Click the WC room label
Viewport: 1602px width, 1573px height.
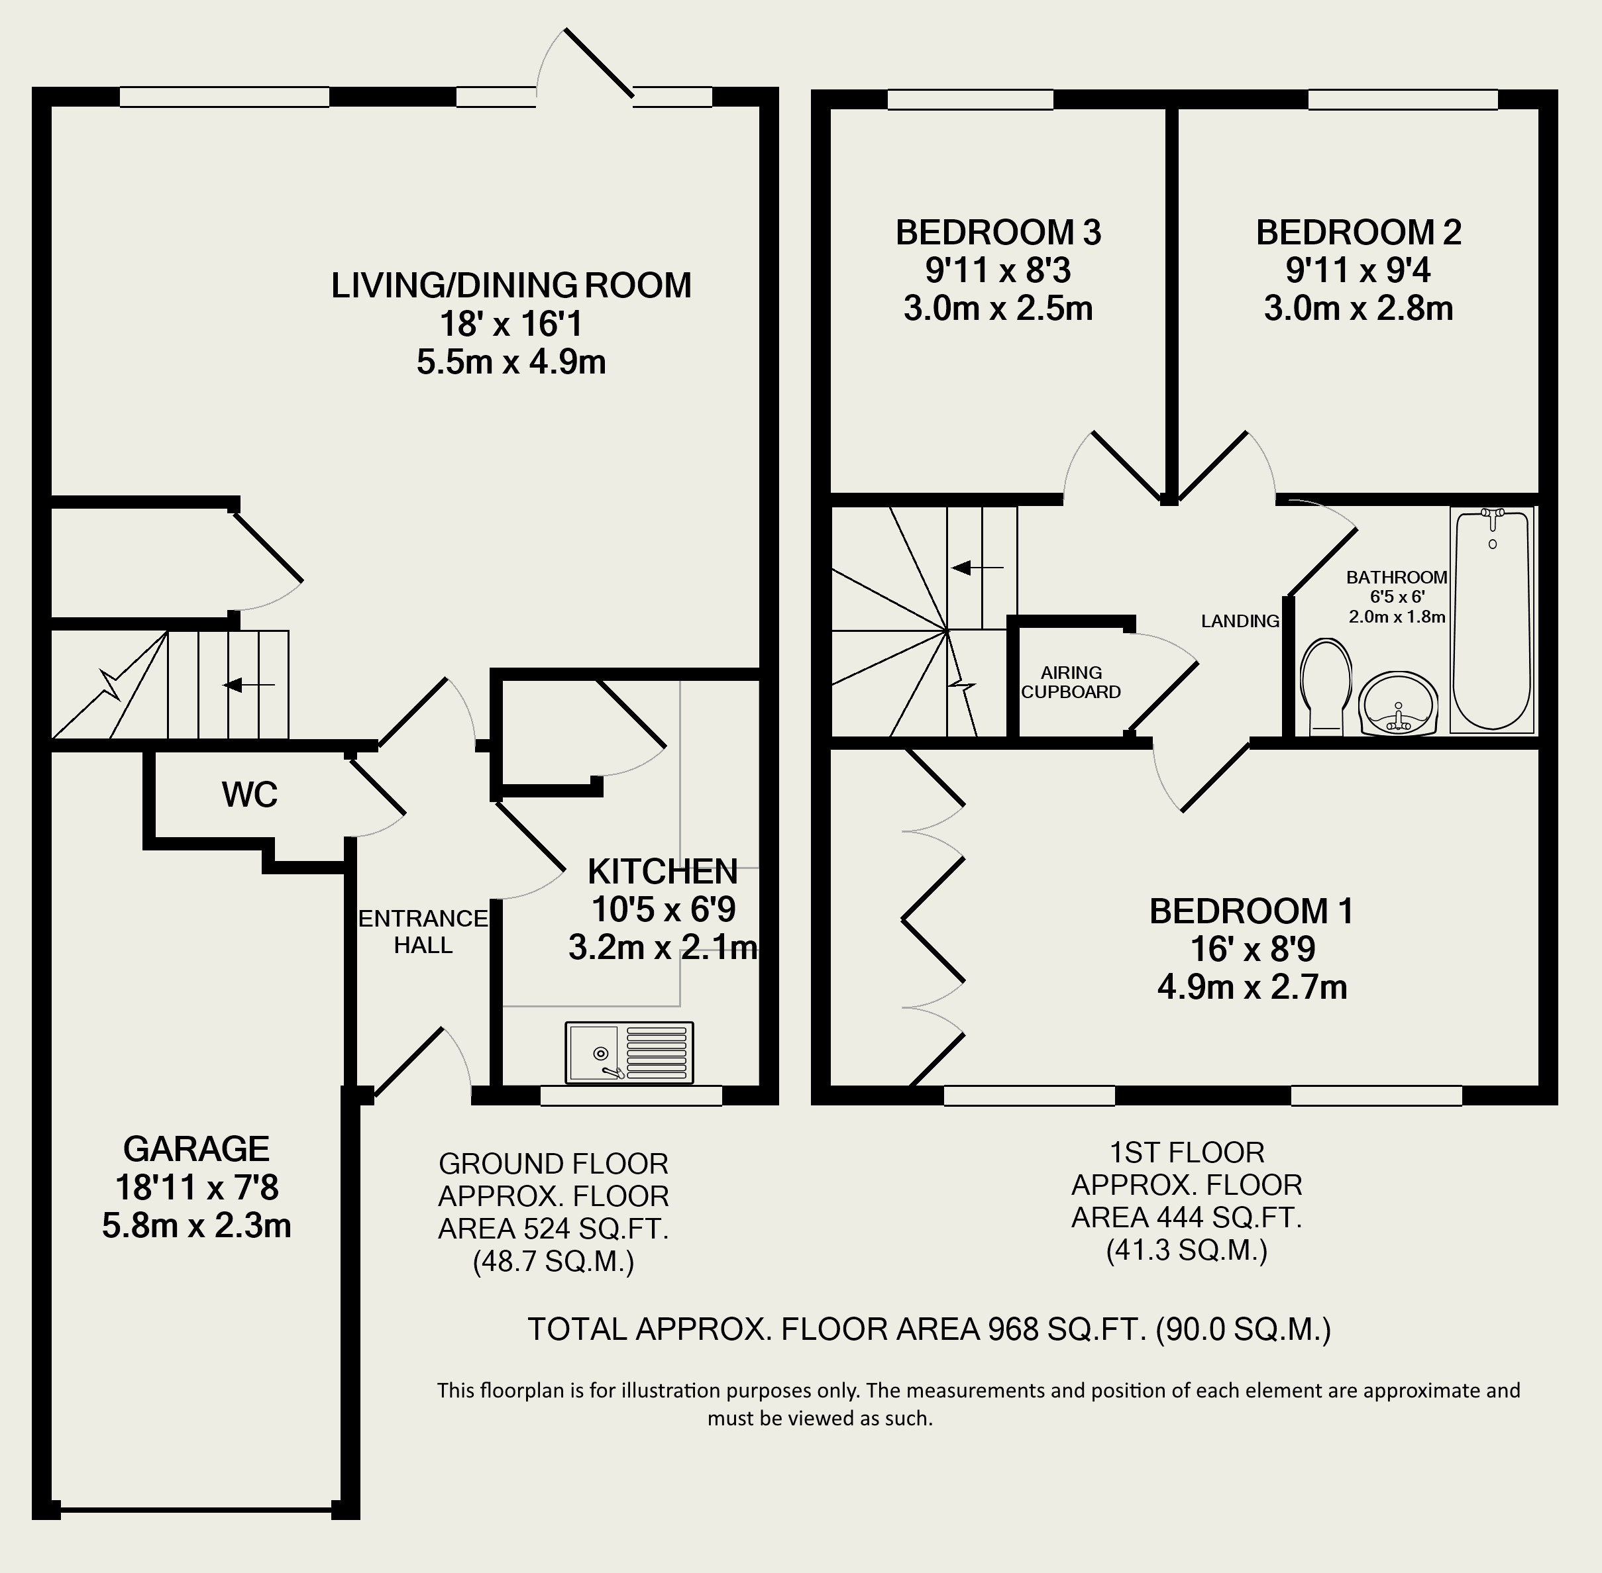pyautogui.click(x=250, y=795)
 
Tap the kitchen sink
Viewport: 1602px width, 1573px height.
pyautogui.click(x=629, y=1052)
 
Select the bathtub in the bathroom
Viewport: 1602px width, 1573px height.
pyautogui.click(x=1492, y=621)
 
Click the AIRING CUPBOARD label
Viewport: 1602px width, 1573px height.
pyautogui.click(x=1071, y=682)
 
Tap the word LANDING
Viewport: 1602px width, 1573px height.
pyautogui.click(x=1240, y=621)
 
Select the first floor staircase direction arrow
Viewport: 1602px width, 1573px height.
pyautogui.click(x=977, y=568)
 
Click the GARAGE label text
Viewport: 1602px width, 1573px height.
pyautogui.click(x=196, y=1149)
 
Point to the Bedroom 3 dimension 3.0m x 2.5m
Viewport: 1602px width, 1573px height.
pyautogui.click(x=998, y=308)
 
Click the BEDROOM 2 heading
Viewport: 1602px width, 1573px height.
pyautogui.click(x=1358, y=232)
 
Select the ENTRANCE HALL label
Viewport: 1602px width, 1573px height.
pyautogui.click(x=423, y=931)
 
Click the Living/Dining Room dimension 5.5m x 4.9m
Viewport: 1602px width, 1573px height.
pyautogui.click(x=511, y=362)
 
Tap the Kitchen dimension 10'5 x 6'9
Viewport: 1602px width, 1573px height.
pyautogui.click(x=663, y=909)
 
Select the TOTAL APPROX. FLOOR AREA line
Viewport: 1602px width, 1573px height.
pyautogui.click(x=929, y=1329)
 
